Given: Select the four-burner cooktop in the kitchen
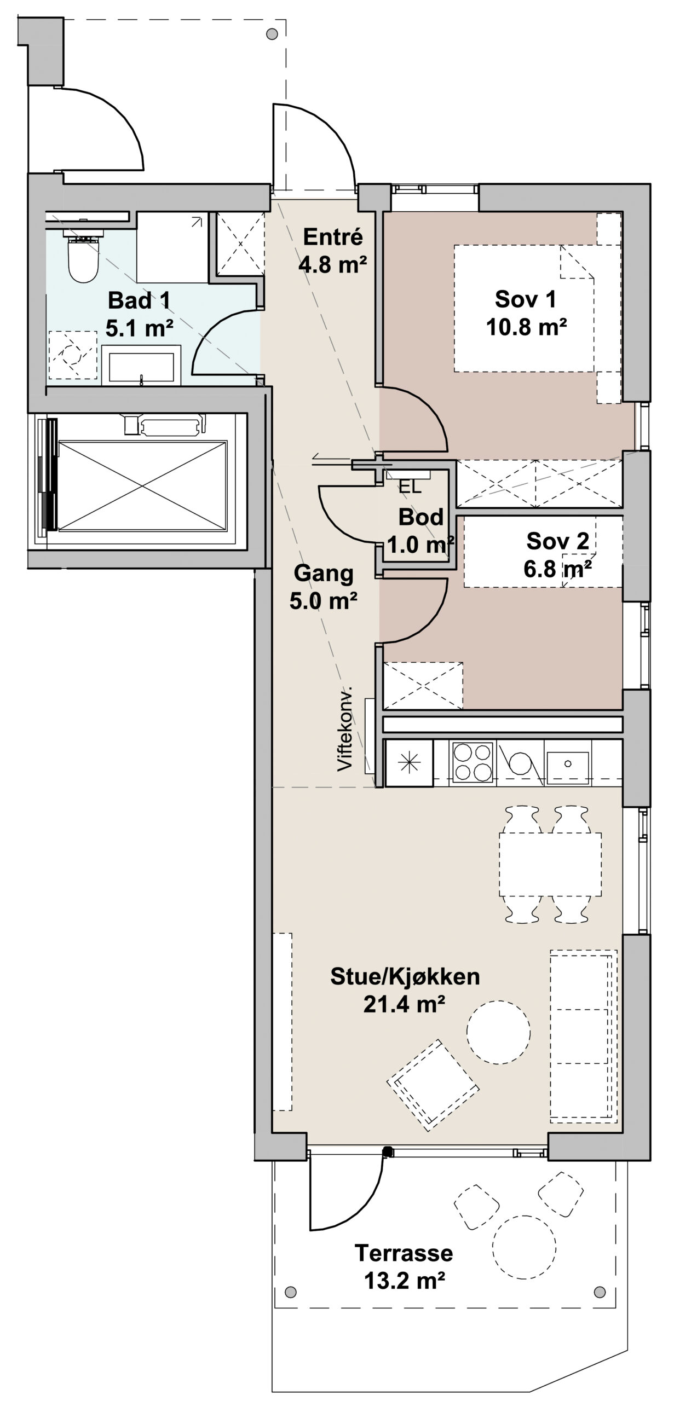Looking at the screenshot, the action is [x=473, y=762].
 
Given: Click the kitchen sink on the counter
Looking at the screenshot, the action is [x=568, y=762].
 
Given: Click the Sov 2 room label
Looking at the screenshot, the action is [x=557, y=541].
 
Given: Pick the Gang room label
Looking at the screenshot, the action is [x=324, y=574].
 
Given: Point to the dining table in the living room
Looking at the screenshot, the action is [x=550, y=864].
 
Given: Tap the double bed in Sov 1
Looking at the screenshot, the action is [x=525, y=309].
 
